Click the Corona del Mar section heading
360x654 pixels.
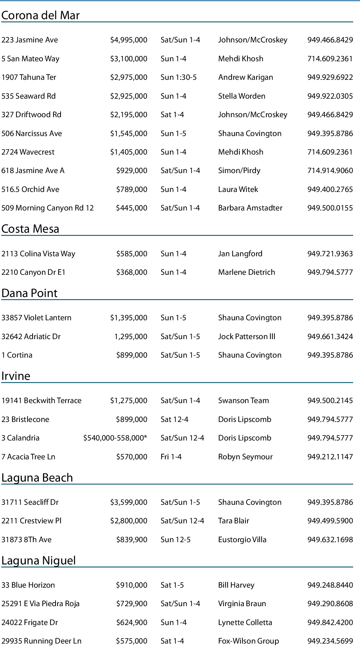coord(40,15)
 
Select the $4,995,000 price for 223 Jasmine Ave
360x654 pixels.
coord(129,40)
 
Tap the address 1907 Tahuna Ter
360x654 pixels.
coord(29,77)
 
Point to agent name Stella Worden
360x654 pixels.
coord(241,96)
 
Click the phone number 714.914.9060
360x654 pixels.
coord(330,171)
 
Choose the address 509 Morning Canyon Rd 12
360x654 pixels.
coord(47,208)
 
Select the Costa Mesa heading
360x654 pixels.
coord(30,229)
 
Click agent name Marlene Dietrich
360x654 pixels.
coord(247,272)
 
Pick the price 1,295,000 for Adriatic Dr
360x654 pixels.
coord(131,337)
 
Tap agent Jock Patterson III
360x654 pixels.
coord(247,337)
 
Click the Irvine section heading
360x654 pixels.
coord(16,376)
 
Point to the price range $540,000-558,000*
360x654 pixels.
coord(115,438)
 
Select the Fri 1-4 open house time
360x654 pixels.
coord(171,457)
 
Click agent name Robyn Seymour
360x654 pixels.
coord(245,457)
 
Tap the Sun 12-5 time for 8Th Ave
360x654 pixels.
coord(175,540)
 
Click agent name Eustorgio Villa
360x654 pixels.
coord(242,540)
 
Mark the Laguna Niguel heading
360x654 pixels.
coord(38,561)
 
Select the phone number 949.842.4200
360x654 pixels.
coord(330,623)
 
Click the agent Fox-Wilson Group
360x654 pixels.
coord(248,641)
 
